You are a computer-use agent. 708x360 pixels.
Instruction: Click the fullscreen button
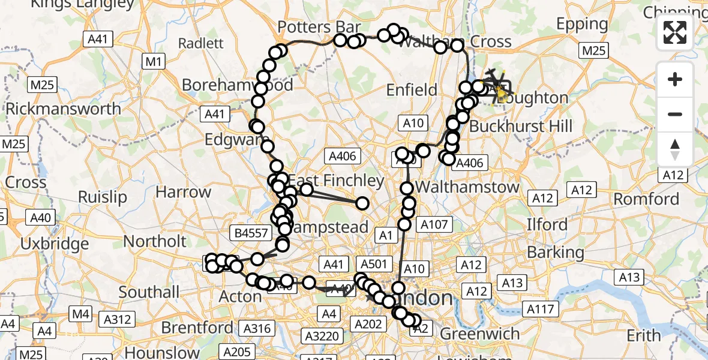point(675,32)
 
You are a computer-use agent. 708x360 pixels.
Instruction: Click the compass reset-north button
point(675,149)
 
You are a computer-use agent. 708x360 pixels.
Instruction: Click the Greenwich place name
point(480,334)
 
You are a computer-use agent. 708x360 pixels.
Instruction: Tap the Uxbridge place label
point(54,244)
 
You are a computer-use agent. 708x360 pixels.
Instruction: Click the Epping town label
point(582,24)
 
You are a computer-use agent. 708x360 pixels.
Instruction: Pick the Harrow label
point(183,193)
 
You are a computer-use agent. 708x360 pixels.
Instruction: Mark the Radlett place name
point(200,43)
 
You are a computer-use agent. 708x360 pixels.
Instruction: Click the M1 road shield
point(154,61)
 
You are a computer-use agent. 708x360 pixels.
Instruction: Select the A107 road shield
point(434,225)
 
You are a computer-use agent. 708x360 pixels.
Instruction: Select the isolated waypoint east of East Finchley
point(362,203)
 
